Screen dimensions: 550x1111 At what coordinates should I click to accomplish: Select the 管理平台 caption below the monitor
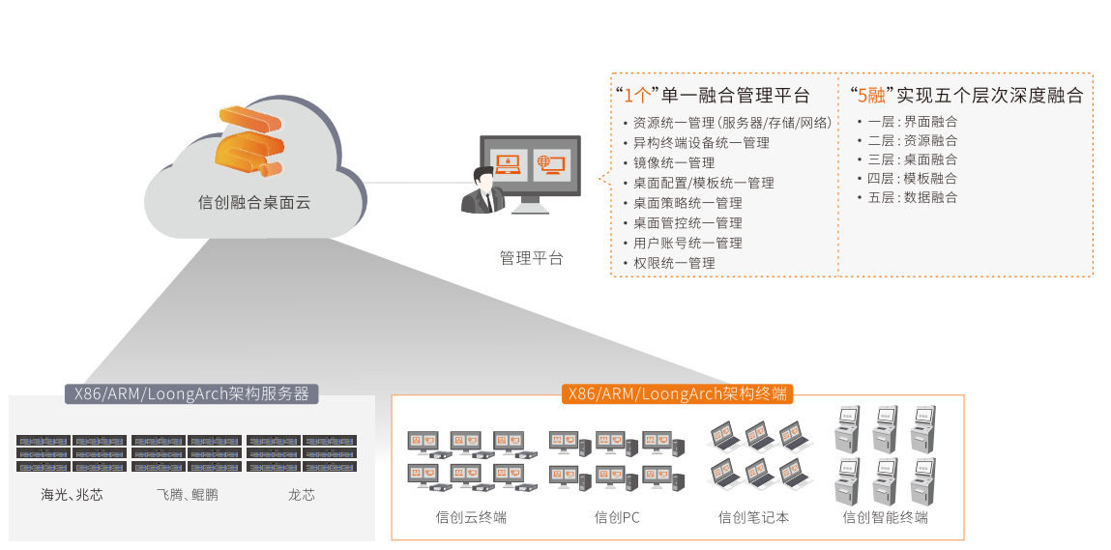[531, 258]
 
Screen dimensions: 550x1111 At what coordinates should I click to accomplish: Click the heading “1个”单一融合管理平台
[713, 95]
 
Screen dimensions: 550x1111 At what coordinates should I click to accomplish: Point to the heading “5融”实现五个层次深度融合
[966, 95]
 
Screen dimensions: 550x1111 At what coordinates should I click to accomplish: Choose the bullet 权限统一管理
[674, 263]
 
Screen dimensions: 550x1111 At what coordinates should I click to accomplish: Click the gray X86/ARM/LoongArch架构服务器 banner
[191, 393]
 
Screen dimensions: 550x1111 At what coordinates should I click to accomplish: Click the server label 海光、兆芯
[72, 495]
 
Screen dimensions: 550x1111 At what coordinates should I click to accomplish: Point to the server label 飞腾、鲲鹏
[187, 495]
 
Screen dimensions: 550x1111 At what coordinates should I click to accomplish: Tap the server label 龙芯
[301, 495]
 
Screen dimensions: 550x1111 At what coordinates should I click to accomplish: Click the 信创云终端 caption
[471, 517]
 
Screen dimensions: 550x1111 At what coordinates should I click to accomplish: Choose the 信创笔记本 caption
[753, 517]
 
